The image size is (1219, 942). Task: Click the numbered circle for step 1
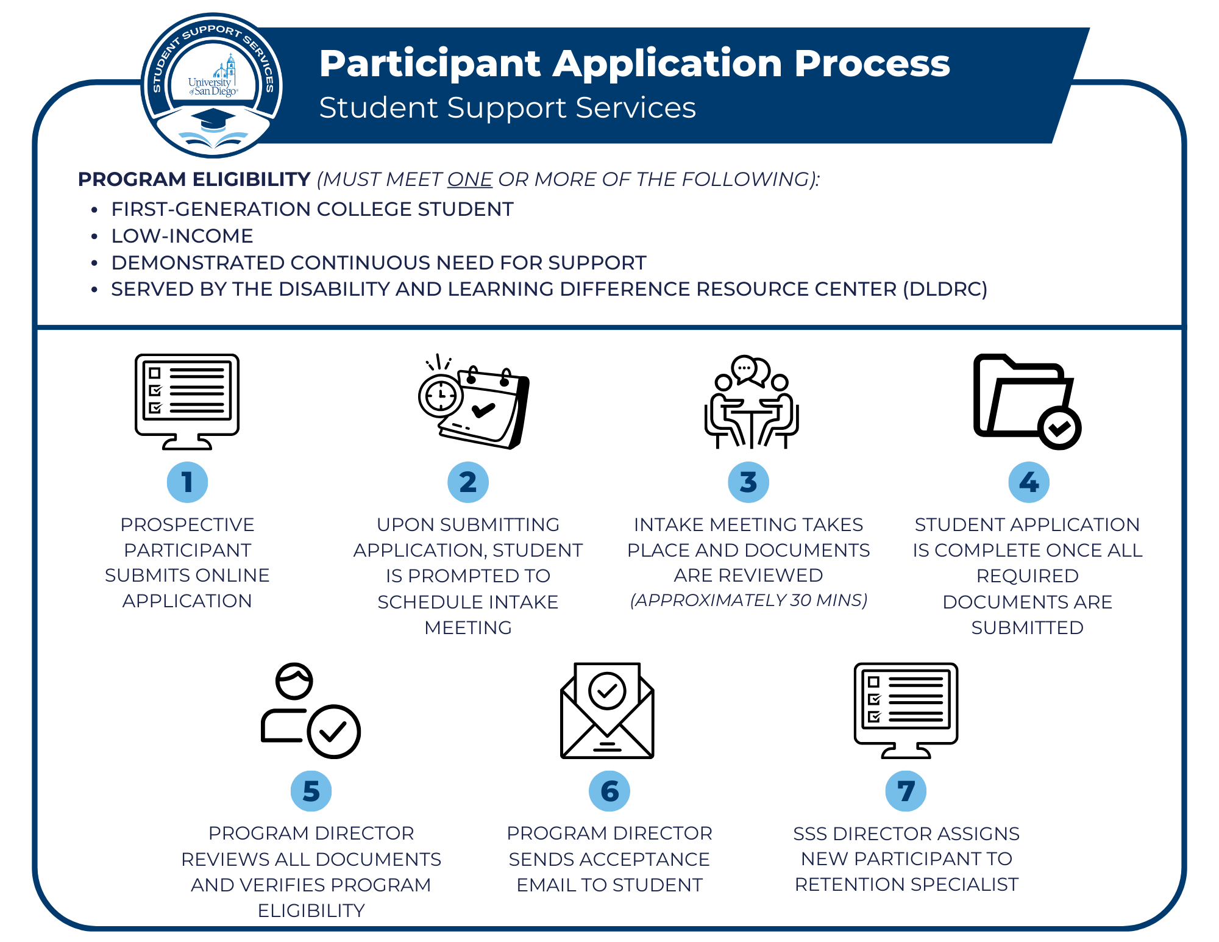(x=187, y=482)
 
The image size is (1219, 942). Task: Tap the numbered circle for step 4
(x=1029, y=482)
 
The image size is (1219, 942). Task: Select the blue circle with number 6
(x=609, y=791)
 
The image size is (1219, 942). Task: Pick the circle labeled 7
(x=906, y=791)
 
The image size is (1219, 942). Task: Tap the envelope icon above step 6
(x=607, y=710)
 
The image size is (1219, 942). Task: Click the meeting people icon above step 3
(x=751, y=402)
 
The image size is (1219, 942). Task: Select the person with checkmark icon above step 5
(x=310, y=711)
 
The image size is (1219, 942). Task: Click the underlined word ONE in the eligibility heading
(x=469, y=179)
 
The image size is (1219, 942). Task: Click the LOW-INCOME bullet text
(x=182, y=236)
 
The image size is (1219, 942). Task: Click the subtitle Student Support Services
(x=507, y=108)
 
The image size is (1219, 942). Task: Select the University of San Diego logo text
(x=211, y=87)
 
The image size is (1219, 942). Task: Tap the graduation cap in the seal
(x=213, y=119)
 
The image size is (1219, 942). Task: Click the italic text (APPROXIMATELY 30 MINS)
(x=748, y=600)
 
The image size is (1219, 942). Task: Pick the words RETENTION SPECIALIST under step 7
(x=906, y=884)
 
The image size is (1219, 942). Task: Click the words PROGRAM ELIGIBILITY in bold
(x=194, y=179)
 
